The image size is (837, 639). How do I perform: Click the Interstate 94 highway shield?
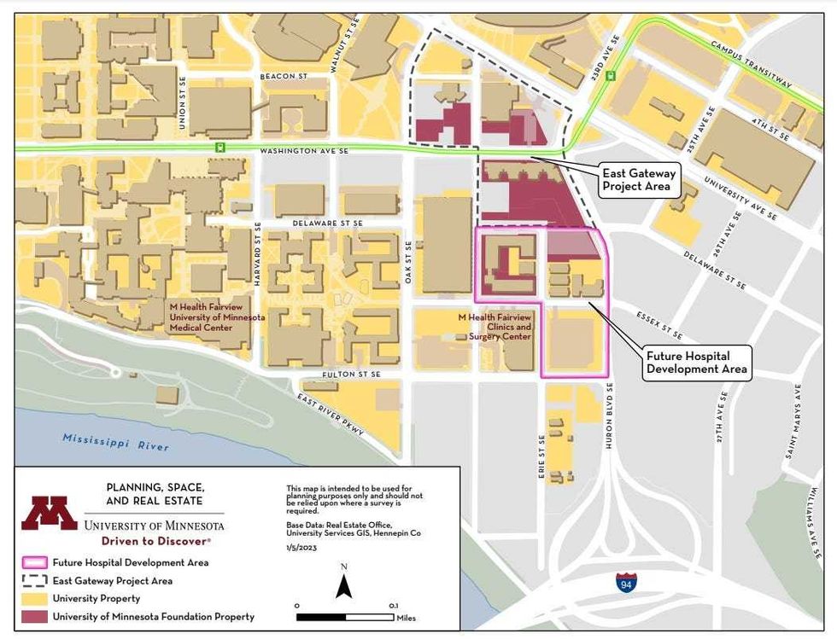point(626,583)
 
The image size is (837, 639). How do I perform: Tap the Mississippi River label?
point(115,443)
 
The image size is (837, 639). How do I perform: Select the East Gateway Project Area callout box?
point(639,180)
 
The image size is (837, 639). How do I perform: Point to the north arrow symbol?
point(343,586)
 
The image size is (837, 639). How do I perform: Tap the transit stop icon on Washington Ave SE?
point(220,147)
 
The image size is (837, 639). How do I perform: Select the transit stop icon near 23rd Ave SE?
point(610,75)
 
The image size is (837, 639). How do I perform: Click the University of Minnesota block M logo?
point(50,513)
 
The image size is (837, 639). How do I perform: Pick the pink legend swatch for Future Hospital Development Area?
point(35,563)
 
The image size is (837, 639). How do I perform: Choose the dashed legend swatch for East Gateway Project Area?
point(35,581)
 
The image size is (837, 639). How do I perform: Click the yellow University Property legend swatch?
point(35,599)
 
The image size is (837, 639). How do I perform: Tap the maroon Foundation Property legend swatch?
point(35,617)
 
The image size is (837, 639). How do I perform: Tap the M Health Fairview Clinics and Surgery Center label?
point(495,327)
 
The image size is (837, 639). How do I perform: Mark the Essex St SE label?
point(660,324)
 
